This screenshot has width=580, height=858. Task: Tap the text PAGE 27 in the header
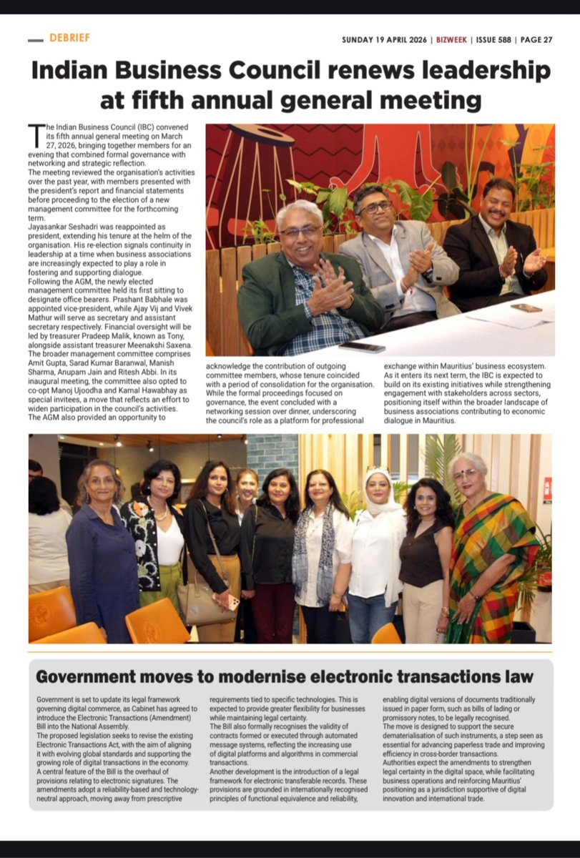click(x=533, y=40)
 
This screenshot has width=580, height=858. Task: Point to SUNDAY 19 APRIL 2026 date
click(x=385, y=40)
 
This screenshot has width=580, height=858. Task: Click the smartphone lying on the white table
click(x=363, y=347)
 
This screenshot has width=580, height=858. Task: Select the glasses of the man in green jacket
click(x=300, y=232)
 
